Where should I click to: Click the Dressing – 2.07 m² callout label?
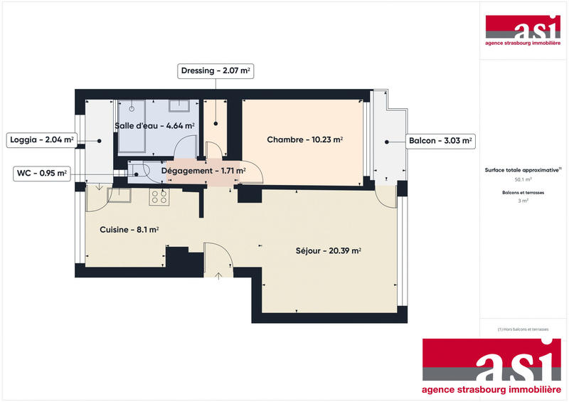(x=216, y=70)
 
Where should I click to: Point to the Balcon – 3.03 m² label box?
(x=440, y=141)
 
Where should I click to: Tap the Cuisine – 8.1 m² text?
(x=129, y=230)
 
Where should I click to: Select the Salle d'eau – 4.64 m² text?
(x=155, y=126)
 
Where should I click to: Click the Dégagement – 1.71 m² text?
(x=203, y=171)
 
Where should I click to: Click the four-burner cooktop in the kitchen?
(x=158, y=198)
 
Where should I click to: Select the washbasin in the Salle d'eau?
(x=180, y=107)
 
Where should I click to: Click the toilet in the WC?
(x=137, y=171)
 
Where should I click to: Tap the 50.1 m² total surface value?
(x=523, y=180)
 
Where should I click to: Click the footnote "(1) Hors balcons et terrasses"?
(x=523, y=329)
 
